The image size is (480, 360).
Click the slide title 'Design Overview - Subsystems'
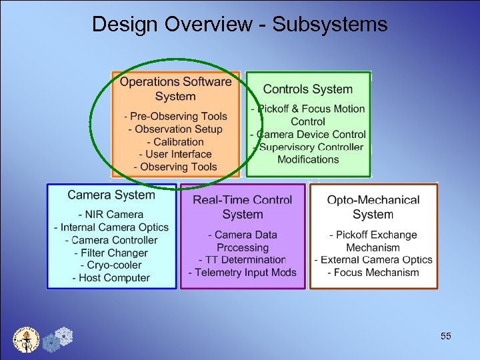(239, 25)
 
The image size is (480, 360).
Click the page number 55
(446, 336)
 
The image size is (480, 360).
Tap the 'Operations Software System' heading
(175, 89)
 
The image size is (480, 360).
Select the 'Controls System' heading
(307, 89)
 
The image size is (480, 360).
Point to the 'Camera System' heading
(111, 195)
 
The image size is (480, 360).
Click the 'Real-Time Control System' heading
(242, 207)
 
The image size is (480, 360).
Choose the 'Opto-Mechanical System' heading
(373, 207)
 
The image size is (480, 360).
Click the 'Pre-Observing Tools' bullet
(176, 117)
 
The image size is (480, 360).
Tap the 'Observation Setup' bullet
(175, 129)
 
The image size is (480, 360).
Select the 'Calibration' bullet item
(175, 142)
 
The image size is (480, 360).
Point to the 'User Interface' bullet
(175, 155)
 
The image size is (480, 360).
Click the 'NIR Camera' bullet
(111, 215)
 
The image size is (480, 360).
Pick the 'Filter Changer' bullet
(111, 253)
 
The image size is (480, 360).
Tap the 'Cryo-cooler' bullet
(111, 265)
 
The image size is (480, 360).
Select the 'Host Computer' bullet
(111, 278)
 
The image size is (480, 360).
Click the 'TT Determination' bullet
(242, 259)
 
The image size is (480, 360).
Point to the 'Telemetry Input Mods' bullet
(242, 272)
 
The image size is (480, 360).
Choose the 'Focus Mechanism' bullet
(373, 272)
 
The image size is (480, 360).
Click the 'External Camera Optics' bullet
(373, 259)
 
